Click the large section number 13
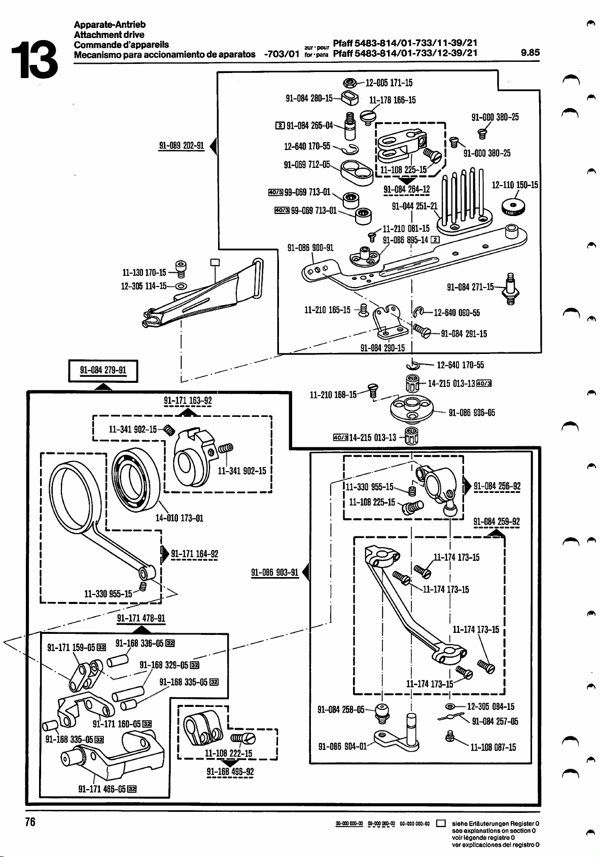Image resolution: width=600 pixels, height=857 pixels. tap(34, 60)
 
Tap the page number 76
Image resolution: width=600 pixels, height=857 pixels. tap(30, 822)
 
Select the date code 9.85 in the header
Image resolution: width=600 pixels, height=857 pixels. tap(530, 52)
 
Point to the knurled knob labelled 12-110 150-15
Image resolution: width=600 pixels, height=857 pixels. tap(514, 207)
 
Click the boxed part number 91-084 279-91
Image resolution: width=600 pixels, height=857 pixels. tap(103, 370)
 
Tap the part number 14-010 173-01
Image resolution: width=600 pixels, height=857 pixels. tap(179, 518)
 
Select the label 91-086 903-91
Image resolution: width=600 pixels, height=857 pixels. tap(275, 573)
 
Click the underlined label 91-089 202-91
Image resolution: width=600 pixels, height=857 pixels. tap(182, 146)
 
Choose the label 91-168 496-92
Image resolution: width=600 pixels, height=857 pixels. tap(230, 772)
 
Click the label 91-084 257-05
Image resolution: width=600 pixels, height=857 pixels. tap(495, 722)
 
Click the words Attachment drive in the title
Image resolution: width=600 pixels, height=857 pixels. tap(109, 34)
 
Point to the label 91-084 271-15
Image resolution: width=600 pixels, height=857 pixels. tap(470, 287)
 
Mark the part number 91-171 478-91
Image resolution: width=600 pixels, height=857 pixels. tap(141, 618)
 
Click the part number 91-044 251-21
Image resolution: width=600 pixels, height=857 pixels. tap(414, 206)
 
